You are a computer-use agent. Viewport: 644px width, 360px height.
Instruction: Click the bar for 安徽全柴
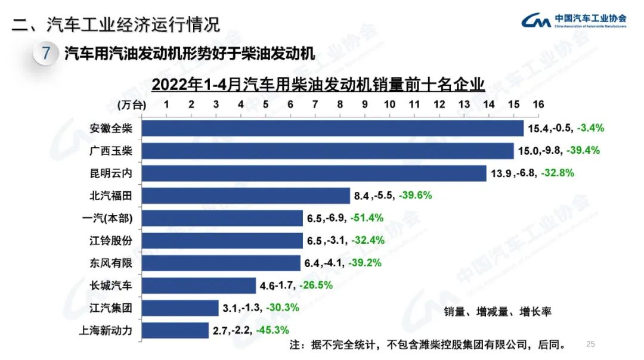332,128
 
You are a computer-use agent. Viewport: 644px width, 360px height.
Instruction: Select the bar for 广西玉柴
327,151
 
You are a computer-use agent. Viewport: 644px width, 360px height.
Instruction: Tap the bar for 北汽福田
246,195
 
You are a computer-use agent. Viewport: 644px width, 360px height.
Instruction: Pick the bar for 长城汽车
199,285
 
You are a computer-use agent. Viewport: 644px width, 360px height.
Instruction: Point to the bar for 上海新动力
175,330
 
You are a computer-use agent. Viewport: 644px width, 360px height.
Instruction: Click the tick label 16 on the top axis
538,104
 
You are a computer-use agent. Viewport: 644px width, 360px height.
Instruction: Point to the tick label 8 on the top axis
340,104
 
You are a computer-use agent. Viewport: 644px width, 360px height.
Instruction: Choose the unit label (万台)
131,104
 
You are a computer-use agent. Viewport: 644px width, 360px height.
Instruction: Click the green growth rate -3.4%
591,128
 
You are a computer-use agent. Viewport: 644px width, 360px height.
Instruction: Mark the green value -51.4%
367,218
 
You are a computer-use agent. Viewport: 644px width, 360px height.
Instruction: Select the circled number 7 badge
47,54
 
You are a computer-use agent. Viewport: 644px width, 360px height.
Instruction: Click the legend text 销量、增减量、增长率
497,312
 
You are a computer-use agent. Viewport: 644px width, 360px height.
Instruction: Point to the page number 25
591,344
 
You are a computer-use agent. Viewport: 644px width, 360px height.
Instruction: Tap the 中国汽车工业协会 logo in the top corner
574,20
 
